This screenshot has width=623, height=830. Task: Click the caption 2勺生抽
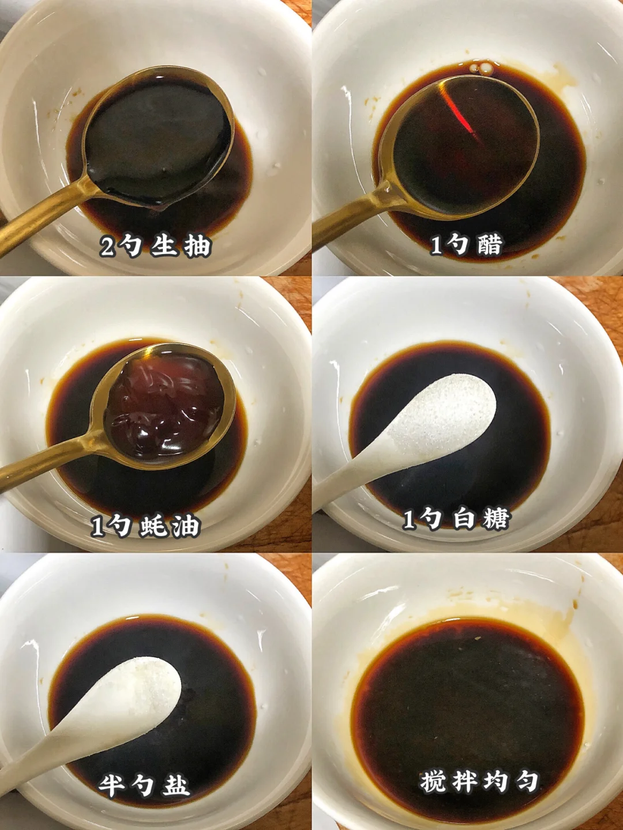155,246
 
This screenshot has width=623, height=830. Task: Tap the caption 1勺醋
467,246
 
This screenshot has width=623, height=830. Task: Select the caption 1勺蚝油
146,525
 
